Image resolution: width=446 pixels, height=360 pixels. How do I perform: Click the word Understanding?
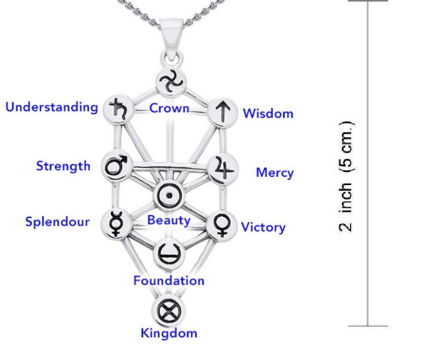[x=52, y=108]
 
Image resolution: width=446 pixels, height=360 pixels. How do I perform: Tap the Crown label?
[x=169, y=108]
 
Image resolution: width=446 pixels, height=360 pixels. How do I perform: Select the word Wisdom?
[x=268, y=113]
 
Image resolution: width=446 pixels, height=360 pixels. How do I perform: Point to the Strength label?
[x=63, y=167]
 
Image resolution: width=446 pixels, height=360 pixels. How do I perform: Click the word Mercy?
[x=275, y=173]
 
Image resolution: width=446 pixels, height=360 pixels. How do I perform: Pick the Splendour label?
[x=57, y=222]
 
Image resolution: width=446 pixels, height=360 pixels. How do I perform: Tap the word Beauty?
[x=169, y=221]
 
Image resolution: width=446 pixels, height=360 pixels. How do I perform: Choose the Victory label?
[x=263, y=227]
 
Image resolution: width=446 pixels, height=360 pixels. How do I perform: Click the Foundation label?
[x=169, y=281]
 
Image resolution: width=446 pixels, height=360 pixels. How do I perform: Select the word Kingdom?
[x=169, y=333]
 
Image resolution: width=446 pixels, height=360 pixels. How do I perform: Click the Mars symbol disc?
[x=117, y=166]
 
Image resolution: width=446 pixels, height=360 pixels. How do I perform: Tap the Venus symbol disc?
[x=222, y=226]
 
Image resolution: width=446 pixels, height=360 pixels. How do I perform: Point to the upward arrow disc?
[x=223, y=112]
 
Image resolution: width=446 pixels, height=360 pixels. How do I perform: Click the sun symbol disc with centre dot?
[x=169, y=195]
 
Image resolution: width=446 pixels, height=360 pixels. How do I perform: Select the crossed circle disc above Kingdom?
[x=168, y=311]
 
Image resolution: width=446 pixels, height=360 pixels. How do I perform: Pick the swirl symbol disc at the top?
[x=171, y=82]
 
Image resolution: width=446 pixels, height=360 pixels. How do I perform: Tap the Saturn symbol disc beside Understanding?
[x=118, y=109]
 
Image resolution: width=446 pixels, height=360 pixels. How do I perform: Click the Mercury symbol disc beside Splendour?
[x=116, y=224]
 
